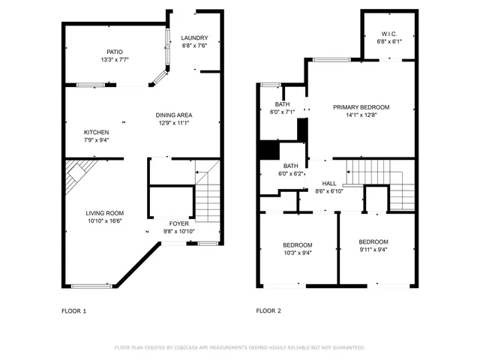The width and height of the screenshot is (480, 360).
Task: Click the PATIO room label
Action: tap(114, 52)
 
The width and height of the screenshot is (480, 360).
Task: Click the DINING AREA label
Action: tap(174, 115)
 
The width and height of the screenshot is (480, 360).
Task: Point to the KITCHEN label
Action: tap(96, 132)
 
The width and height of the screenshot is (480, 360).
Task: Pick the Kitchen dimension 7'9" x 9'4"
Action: tap(96, 139)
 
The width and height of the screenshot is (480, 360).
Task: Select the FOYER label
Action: tap(178, 223)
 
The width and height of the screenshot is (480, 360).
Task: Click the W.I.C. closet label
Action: tap(388, 34)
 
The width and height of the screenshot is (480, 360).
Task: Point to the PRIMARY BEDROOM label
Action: tap(361, 107)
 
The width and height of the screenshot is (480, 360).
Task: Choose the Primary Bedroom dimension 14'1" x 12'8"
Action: tap(361, 115)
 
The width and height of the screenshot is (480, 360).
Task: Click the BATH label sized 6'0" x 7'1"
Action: tap(282, 104)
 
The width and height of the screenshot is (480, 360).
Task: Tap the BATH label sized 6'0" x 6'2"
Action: tap(291, 166)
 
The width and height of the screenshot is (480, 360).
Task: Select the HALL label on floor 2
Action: tap(329, 183)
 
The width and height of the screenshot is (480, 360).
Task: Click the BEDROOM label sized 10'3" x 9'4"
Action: tap(298, 245)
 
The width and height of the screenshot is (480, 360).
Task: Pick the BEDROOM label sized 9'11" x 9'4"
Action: tap(373, 241)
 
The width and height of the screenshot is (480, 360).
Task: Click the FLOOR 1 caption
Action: tap(73, 310)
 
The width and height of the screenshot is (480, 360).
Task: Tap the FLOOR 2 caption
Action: tap(268, 310)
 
